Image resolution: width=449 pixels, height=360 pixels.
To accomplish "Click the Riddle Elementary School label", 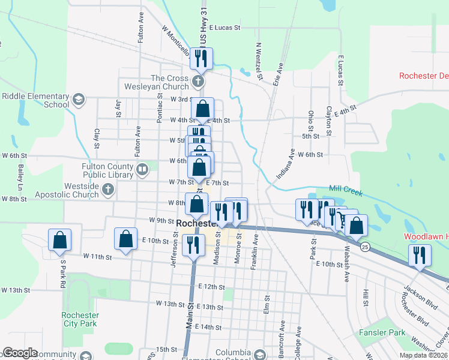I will pos(36,100).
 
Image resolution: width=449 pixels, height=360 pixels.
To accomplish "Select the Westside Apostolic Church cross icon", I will pos(108,190).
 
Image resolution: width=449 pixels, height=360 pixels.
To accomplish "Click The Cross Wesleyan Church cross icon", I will pos(199,80).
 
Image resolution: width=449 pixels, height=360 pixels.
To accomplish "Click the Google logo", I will pos(20,353).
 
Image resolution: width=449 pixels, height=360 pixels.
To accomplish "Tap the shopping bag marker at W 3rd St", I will pos(203,109).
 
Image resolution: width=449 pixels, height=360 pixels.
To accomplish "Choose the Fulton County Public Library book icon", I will pos(142,170).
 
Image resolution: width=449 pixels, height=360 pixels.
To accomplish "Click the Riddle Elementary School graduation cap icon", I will pos(77,99).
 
